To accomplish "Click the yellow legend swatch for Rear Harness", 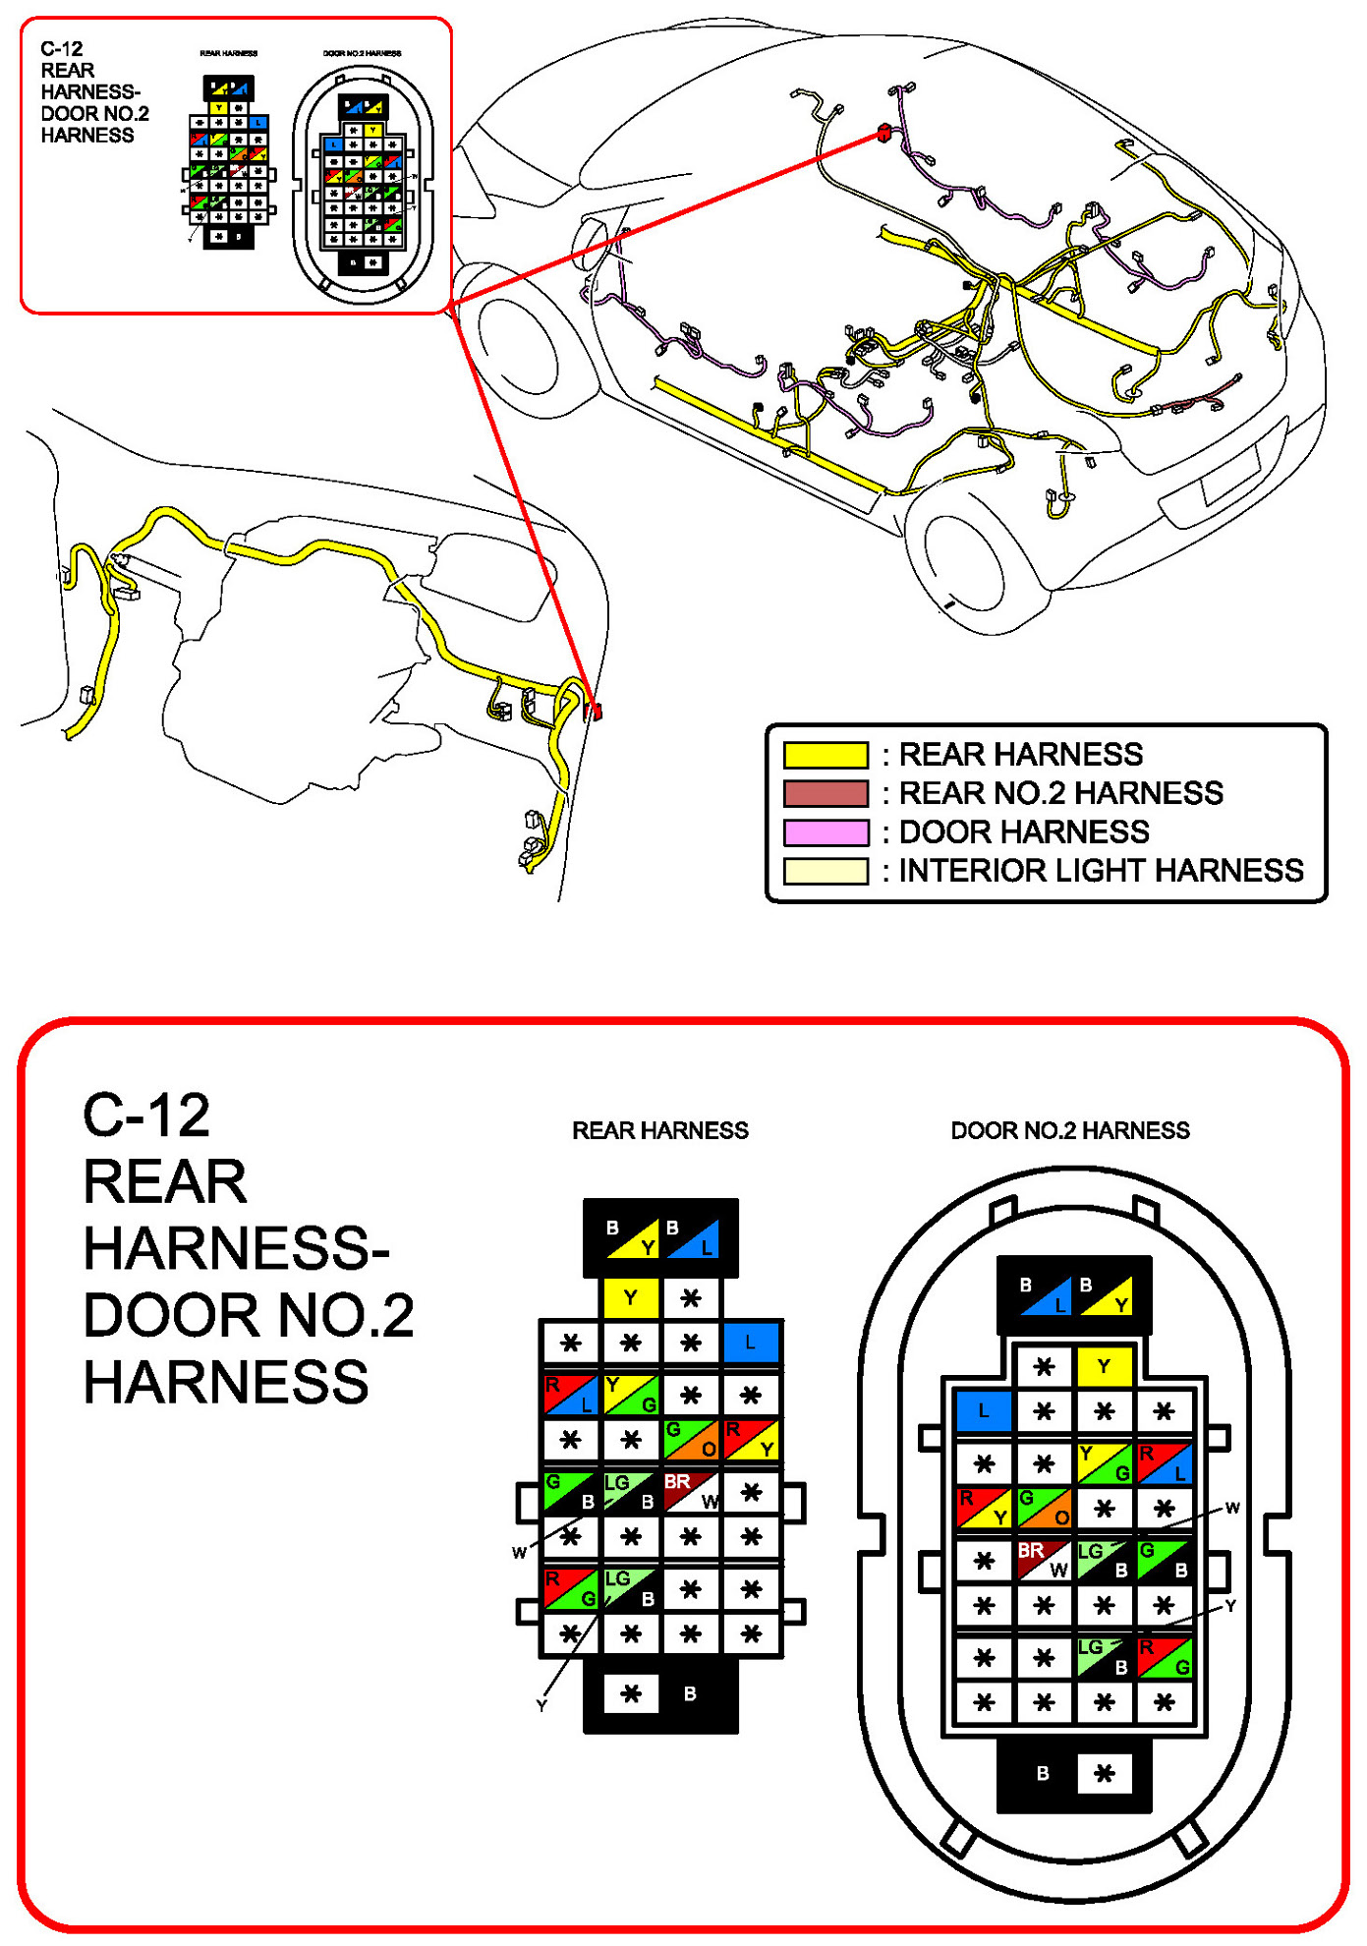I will (x=826, y=755).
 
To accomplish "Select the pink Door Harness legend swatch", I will (x=826, y=832).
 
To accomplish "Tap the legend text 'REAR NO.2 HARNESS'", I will (x=1060, y=793).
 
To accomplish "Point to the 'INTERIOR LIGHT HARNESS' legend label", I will (x=1101, y=871).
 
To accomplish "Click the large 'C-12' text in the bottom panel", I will (x=146, y=1116).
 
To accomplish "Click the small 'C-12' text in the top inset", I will (x=61, y=49).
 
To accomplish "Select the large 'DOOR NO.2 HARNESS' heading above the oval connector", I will (x=1069, y=1131).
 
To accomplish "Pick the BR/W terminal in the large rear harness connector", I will (x=691, y=1491).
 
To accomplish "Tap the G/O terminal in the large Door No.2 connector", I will (x=1044, y=1508).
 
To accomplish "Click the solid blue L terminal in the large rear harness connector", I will (x=751, y=1343).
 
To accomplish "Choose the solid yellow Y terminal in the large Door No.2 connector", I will (x=1104, y=1366).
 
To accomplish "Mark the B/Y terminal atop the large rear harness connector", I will (x=631, y=1237).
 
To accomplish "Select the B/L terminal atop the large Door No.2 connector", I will (x=1044, y=1294).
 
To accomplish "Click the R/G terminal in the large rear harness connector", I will (x=571, y=1588).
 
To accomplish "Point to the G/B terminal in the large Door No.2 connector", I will (x=1164, y=1560).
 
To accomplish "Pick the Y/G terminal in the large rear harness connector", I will (x=631, y=1395).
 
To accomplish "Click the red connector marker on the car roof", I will (x=883, y=133).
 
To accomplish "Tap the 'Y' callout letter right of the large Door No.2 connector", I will (x=1229, y=1606).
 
